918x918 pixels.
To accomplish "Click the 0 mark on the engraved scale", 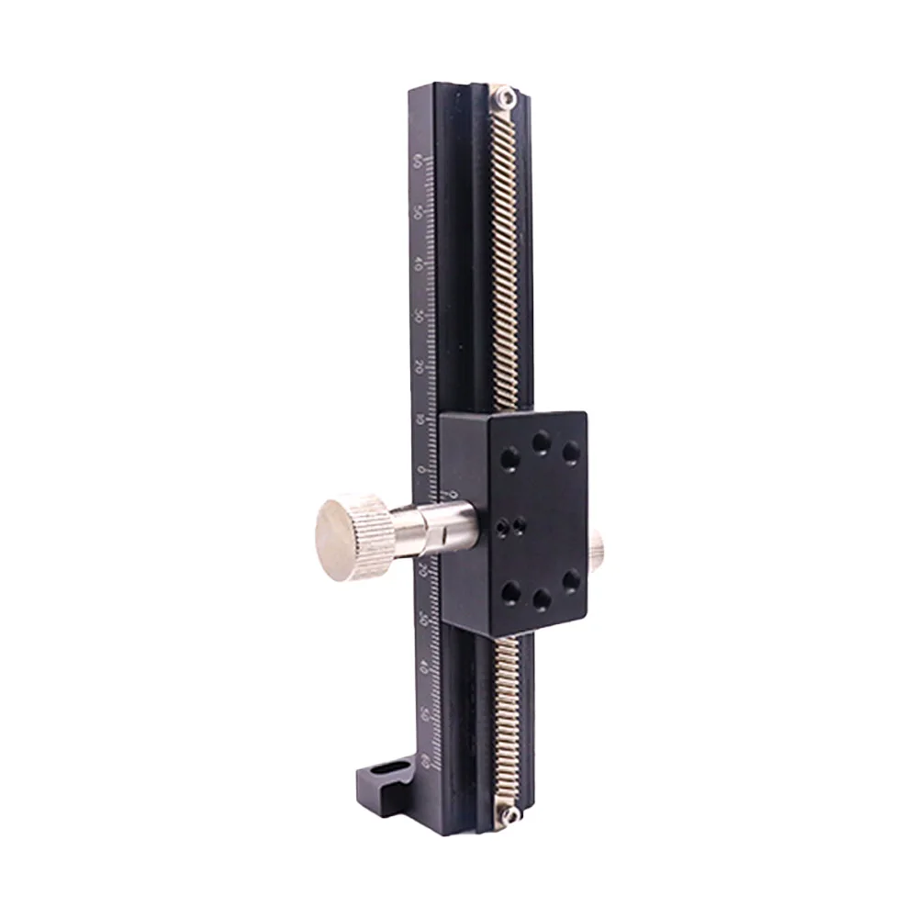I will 422,470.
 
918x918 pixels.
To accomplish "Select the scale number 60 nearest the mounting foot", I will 425,760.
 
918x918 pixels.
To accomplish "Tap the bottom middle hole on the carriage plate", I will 543,598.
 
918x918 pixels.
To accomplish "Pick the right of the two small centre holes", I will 521,524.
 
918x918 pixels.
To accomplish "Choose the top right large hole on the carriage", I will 571,452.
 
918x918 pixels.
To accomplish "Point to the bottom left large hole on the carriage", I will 510,591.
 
